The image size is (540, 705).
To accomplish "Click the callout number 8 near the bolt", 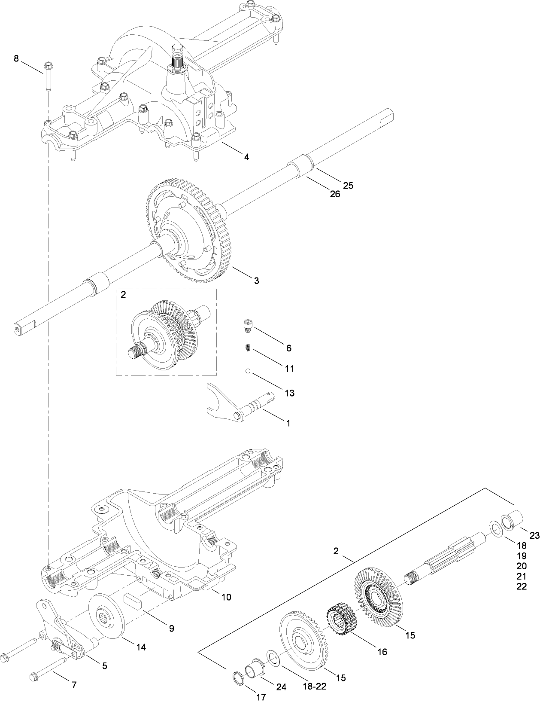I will coord(16,58).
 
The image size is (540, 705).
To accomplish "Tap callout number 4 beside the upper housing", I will coord(246,157).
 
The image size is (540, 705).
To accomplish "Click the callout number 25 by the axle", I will coord(348,185).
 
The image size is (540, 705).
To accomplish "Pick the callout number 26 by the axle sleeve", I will coord(335,194).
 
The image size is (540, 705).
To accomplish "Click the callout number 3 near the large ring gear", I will coord(256,281).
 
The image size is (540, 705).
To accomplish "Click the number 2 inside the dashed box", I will coord(124,295).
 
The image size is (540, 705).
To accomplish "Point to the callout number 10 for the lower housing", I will coord(226,597).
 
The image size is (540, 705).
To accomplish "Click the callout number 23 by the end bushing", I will coord(534,535).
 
